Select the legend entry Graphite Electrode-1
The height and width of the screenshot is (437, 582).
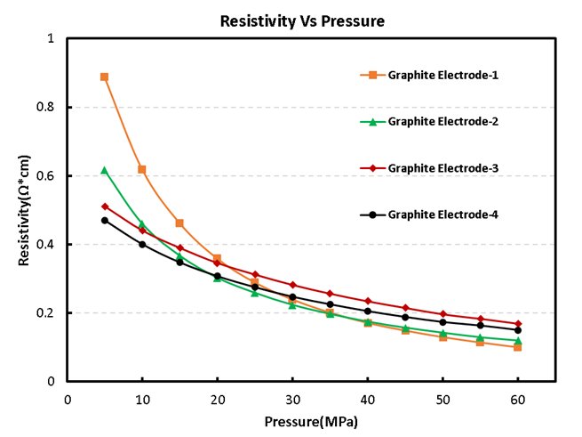442,75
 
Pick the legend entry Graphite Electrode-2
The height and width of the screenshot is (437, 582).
442,121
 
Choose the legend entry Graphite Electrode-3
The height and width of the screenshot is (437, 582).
442,167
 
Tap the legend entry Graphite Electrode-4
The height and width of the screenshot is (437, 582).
442,214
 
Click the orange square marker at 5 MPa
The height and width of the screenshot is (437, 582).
104,77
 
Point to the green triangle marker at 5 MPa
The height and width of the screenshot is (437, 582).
104,170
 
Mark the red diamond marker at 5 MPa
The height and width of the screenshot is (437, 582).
104,206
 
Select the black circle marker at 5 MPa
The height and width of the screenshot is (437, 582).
104,221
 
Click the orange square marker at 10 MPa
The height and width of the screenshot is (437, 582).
141,169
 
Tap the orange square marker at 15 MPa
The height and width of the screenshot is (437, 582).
179,223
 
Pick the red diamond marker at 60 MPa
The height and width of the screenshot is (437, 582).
517,324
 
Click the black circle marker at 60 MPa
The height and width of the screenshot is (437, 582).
517,330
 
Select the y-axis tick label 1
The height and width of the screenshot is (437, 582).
52,39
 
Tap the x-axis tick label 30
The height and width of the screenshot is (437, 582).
292,399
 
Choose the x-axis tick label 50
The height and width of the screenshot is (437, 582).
442,399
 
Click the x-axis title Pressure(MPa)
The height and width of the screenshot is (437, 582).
310,419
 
